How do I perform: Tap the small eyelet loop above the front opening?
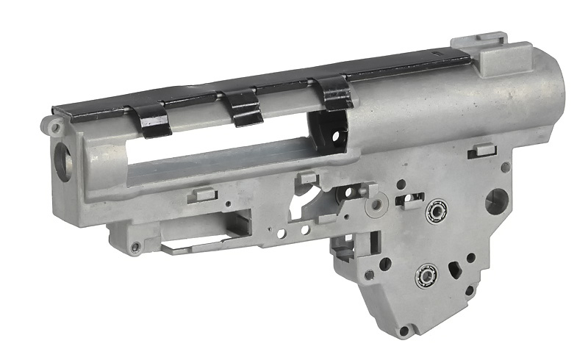[55, 127]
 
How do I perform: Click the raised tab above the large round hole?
[483, 150]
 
